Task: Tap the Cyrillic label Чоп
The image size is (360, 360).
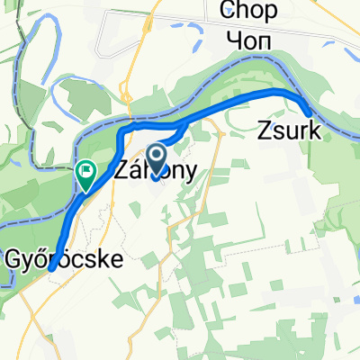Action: [253, 41]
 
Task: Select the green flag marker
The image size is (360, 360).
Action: [86, 174]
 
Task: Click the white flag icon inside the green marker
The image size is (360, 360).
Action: [86, 169]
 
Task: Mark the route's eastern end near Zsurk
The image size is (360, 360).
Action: [309, 112]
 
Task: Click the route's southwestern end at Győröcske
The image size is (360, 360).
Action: [51, 266]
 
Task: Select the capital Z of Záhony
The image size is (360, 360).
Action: [122, 170]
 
